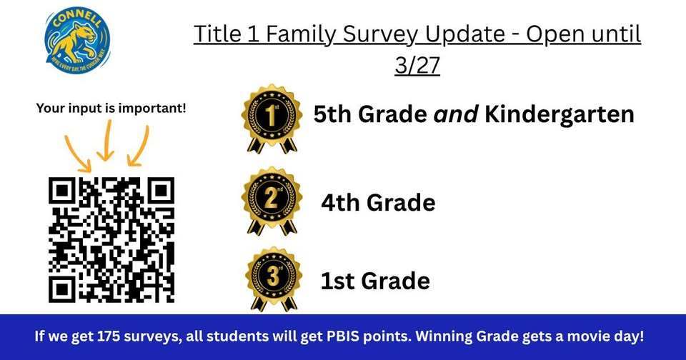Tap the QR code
[111, 239]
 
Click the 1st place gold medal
[270, 118]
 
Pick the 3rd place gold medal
[274, 279]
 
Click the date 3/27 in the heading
[417, 65]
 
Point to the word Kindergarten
[560, 115]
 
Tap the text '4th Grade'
[378, 203]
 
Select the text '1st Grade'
[375, 281]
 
